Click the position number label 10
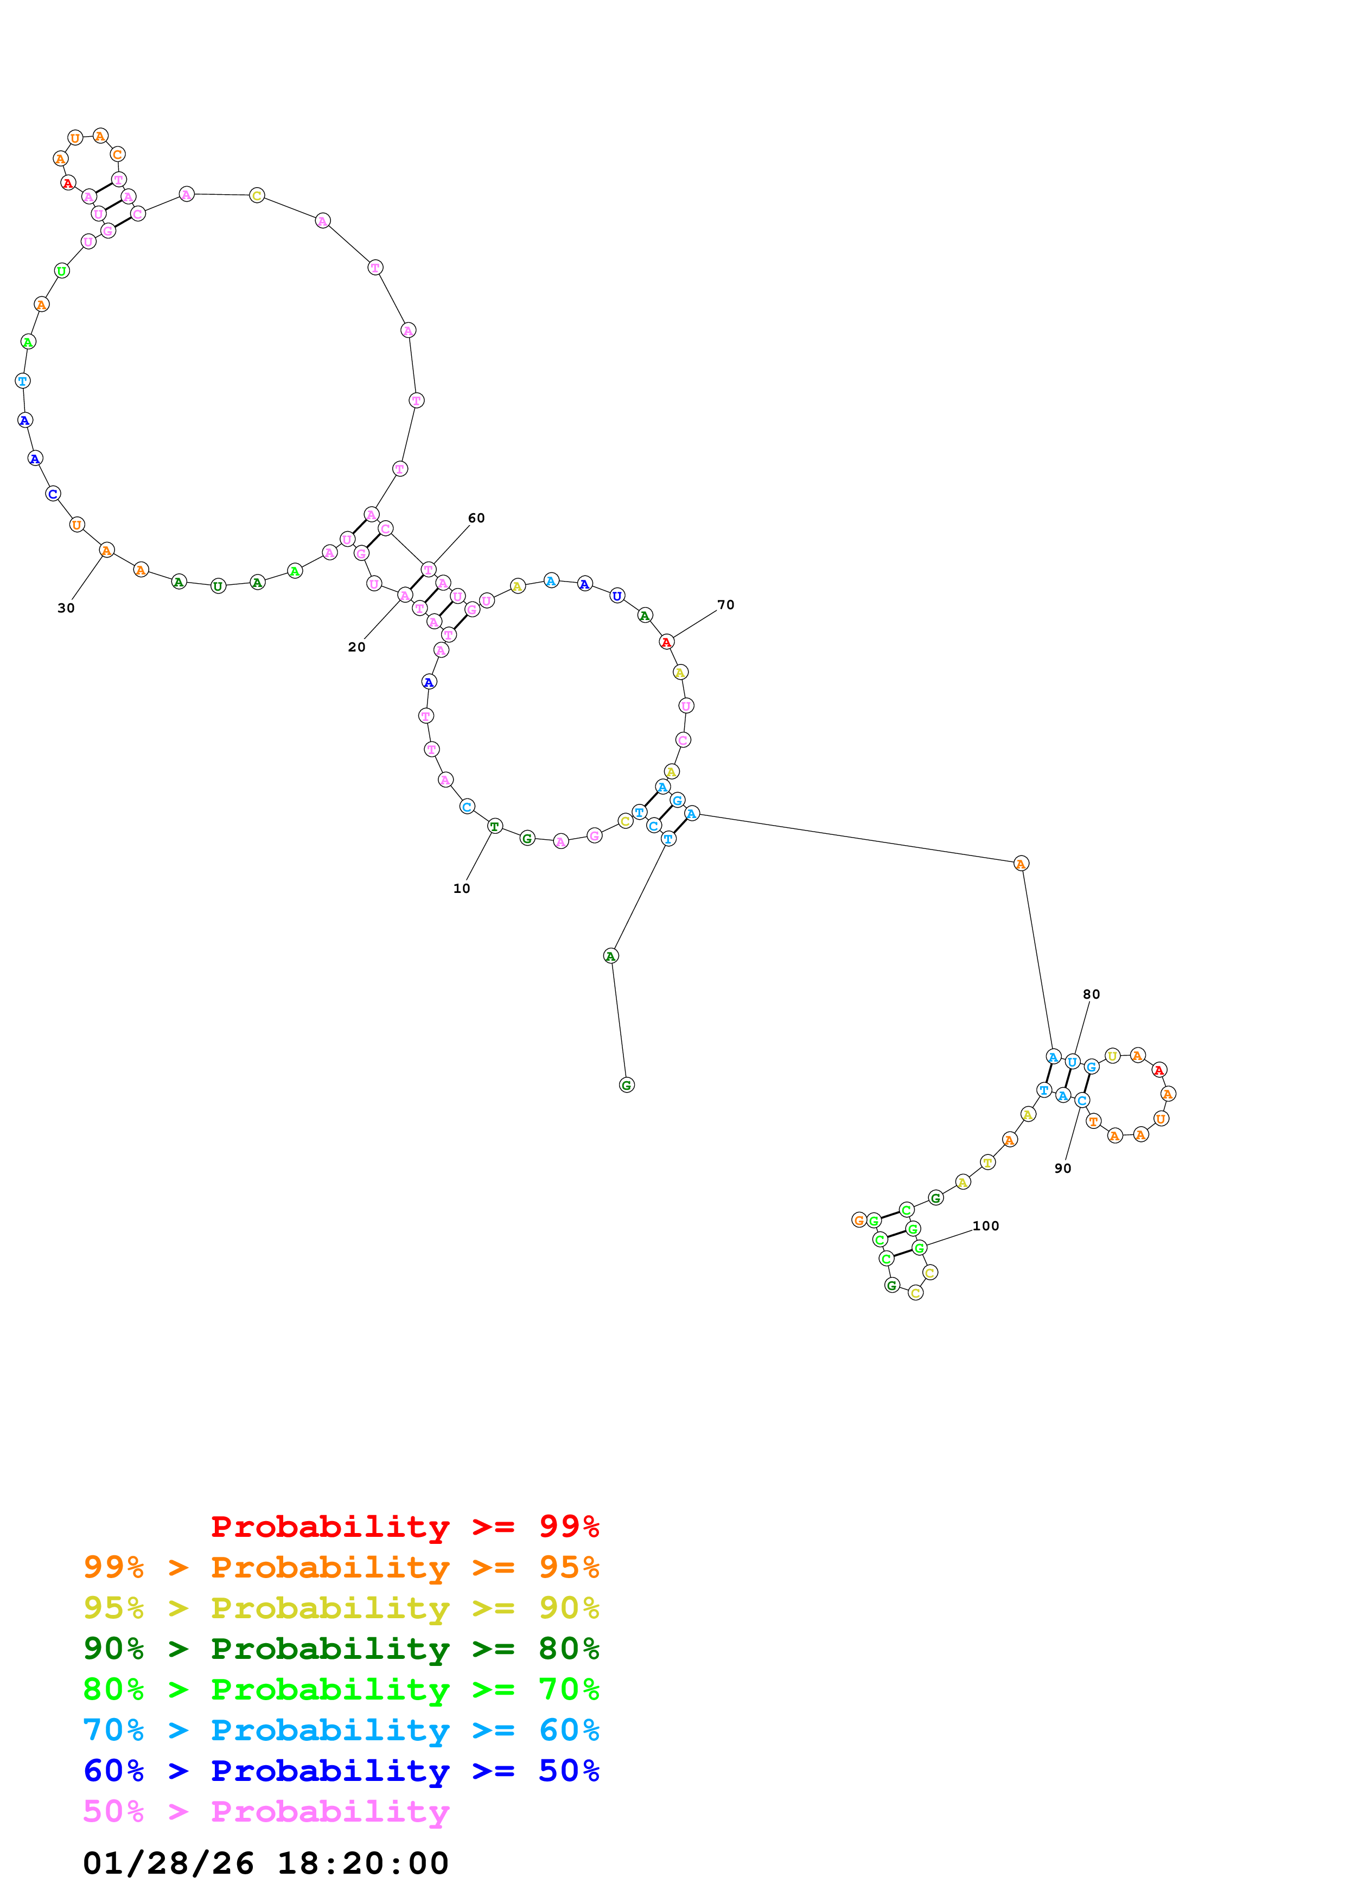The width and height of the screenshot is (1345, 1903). point(462,889)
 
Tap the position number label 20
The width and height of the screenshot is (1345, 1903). point(356,647)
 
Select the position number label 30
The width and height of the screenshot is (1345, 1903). point(66,608)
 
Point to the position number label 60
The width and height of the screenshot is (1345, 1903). point(476,518)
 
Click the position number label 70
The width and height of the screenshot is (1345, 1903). point(726,605)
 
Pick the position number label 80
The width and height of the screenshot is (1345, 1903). point(1092,994)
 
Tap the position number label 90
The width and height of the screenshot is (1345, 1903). point(1062,1168)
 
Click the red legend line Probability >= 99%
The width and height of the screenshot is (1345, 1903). point(405,1527)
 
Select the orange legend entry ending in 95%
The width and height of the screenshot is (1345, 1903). point(341,1567)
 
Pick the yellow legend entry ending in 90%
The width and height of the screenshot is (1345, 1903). point(341,1608)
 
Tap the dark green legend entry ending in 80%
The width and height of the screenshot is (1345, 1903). point(341,1649)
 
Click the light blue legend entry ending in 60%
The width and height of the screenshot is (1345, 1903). point(341,1730)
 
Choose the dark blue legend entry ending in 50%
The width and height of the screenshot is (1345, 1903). point(341,1771)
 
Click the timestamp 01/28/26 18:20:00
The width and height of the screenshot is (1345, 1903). point(266,1863)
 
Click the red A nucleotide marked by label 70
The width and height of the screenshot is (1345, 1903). point(666,642)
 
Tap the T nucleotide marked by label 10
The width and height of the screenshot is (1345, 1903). point(495,826)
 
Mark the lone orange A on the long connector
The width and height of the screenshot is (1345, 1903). point(1021,864)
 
